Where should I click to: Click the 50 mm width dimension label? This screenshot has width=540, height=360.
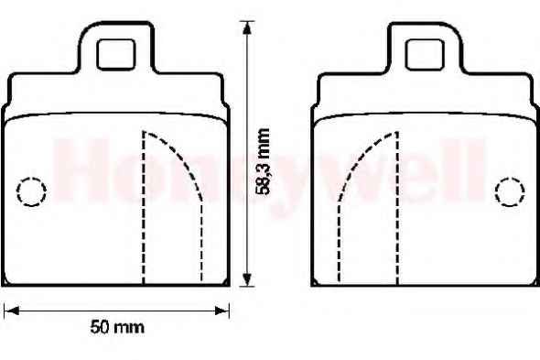click(117, 327)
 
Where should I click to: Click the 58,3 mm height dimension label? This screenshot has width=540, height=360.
click(264, 162)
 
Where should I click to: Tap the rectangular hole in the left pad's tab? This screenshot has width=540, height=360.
click(115, 54)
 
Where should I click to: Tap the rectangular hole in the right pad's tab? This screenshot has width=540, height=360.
click(425, 54)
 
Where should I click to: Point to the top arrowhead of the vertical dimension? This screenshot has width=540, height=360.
click(246, 27)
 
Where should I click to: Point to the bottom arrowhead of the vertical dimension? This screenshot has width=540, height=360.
click(246, 279)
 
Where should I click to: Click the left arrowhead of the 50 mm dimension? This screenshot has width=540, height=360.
click(11, 311)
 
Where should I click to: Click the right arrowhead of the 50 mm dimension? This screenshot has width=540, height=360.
click(222, 311)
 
